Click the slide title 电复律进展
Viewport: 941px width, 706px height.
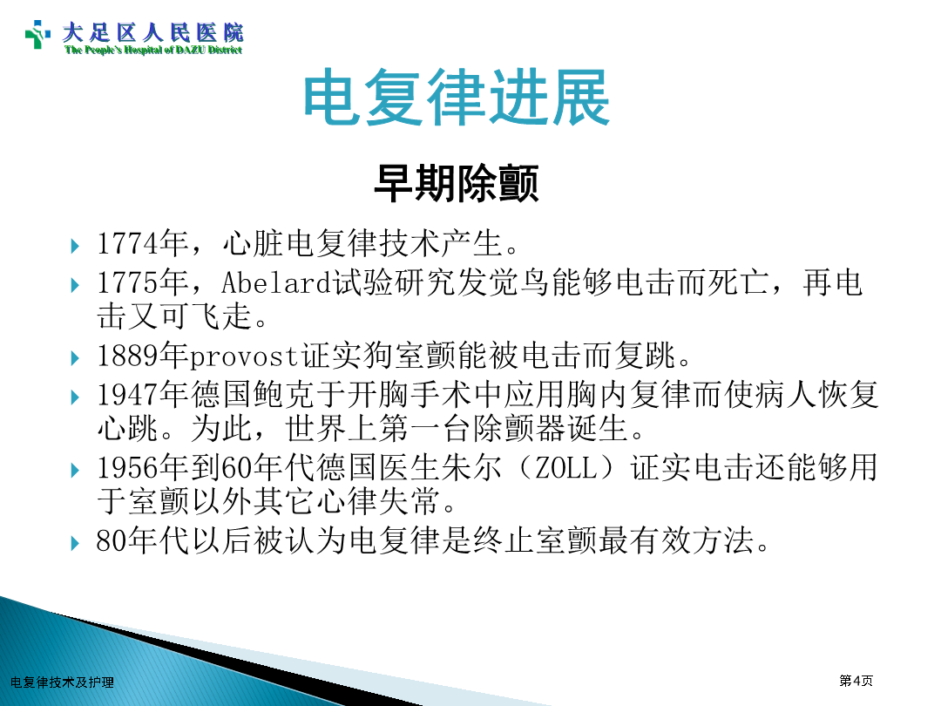[x=457, y=98]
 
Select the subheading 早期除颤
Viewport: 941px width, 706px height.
[x=456, y=183]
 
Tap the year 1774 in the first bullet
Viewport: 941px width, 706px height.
[x=128, y=244]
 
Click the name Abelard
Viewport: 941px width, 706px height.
[x=277, y=282]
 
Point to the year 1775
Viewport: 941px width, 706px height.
[x=128, y=282]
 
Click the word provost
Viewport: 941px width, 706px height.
[x=245, y=356]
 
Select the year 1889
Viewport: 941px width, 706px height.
[x=128, y=356]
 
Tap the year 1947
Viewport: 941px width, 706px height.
[x=128, y=395]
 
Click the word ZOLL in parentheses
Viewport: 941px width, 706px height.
[x=566, y=467]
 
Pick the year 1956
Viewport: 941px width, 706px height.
[x=128, y=467]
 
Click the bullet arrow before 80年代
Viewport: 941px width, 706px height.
[x=75, y=544]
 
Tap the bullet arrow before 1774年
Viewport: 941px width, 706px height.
[x=75, y=246]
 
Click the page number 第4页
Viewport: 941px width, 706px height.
[x=856, y=680]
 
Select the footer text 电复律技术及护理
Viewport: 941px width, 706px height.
[x=63, y=682]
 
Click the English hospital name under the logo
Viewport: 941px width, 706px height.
[x=153, y=50]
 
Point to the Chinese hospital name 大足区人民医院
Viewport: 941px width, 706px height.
[x=153, y=32]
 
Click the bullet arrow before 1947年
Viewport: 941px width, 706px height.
[x=75, y=397]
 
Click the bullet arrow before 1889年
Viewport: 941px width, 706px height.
[x=75, y=358]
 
